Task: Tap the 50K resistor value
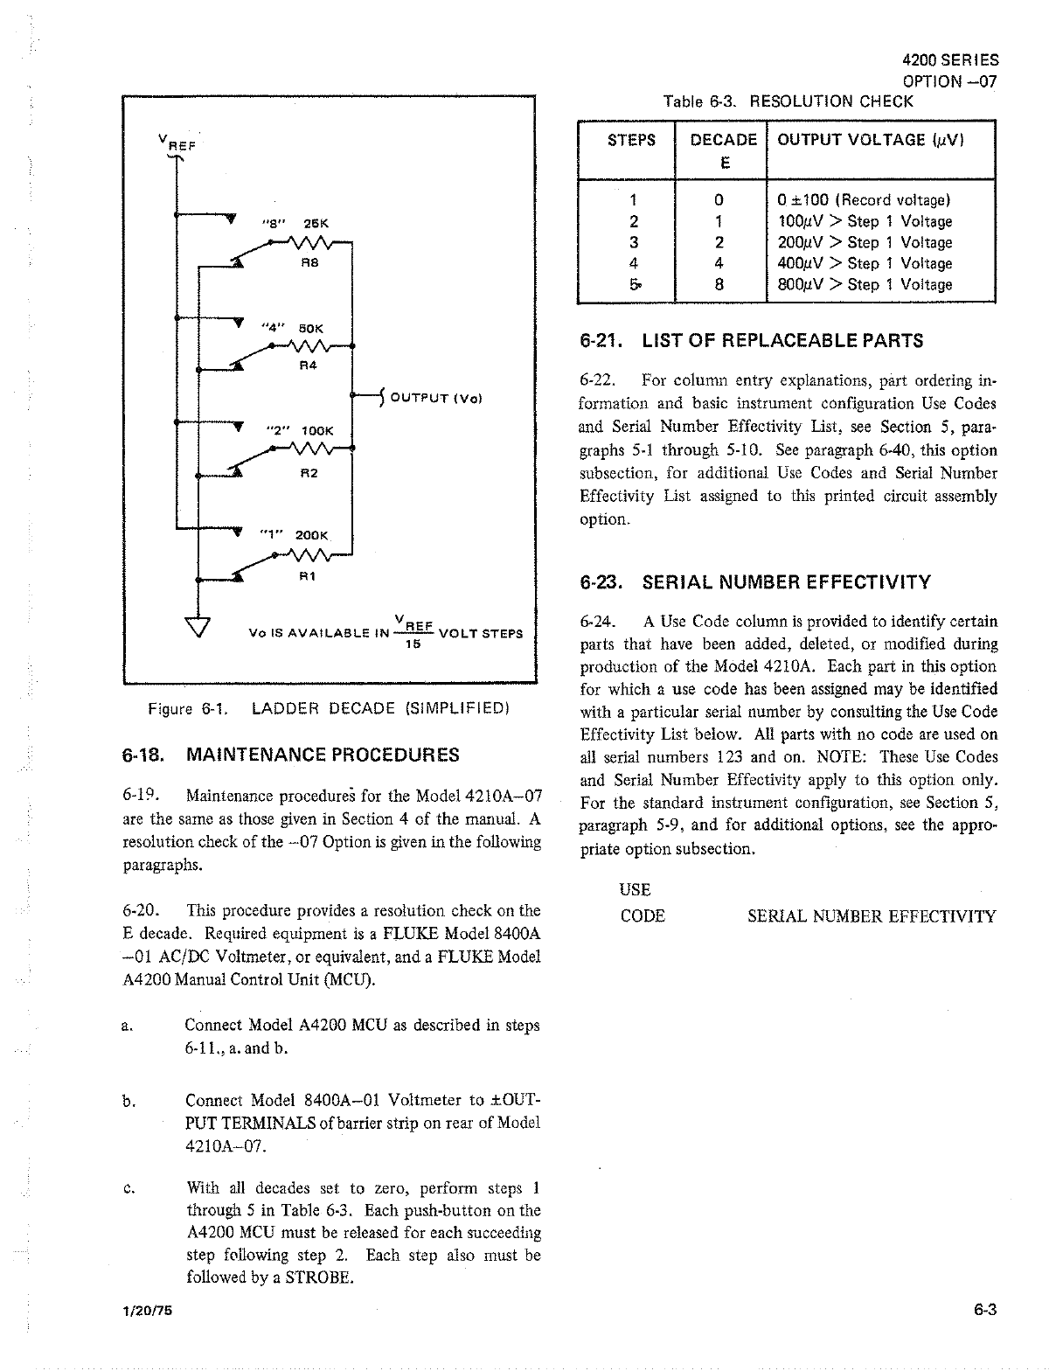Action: click(x=312, y=328)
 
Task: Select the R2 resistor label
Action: click(x=309, y=473)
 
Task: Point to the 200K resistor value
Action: click(x=311, y=534)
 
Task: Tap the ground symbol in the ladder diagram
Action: click(x=199, y=626)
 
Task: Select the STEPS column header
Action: click(x=631, y=140)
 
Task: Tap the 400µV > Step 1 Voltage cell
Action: click(x=865, y=263)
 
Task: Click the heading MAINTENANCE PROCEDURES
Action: click(x=323, y=755)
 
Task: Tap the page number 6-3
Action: click(x=985, y=1309)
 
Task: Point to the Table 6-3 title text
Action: click(x=788, y=101)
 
